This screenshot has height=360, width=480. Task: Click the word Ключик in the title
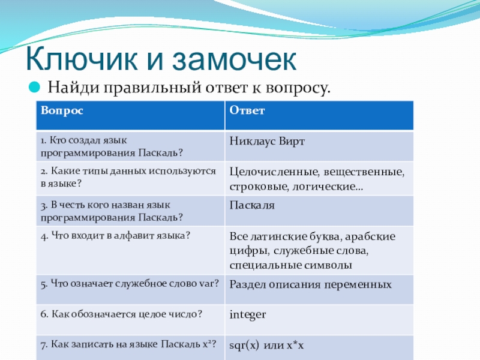(82, 59)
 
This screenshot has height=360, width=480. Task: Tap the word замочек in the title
(234, 59)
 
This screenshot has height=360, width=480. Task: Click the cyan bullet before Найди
(34, 87)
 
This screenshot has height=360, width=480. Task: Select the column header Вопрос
(62, 110)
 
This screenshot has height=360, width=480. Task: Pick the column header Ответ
(247, 110)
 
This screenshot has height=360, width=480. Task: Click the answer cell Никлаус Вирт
(267, 142)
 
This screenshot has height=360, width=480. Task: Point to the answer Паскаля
(252, 205)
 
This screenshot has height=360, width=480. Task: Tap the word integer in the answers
(248, 315)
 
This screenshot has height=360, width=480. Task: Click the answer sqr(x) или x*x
(266, 346)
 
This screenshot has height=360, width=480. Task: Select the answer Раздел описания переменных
(310, 284)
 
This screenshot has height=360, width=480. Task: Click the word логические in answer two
(328, 187)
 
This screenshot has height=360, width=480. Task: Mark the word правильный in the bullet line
(152, 88)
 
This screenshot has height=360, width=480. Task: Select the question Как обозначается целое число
(121, 314)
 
